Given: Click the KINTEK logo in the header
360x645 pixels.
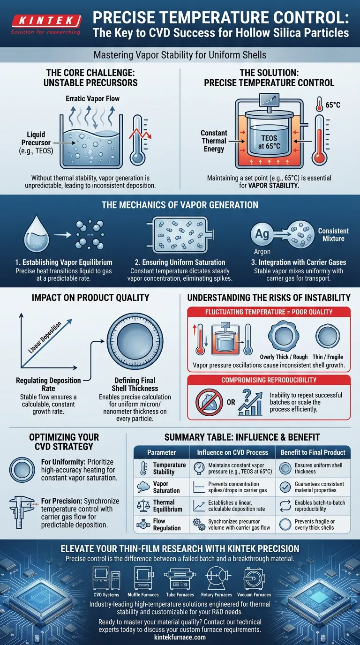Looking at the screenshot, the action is [46, 24].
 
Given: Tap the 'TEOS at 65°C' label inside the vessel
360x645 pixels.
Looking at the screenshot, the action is [269, 142].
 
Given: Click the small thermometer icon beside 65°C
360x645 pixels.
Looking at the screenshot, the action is [319, 104].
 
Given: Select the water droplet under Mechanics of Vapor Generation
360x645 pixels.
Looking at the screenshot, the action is [37, 234].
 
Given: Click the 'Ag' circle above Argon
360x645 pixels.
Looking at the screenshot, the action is [262, 234].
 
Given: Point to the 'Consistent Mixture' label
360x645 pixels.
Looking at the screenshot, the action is [333, 235].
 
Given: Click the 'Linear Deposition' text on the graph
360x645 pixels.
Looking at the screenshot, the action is [45, 337].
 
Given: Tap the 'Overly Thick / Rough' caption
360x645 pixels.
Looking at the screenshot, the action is [284, 357].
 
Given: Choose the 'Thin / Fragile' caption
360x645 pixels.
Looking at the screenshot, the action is [328, 357].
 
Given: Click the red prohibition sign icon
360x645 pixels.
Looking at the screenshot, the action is [209, 402].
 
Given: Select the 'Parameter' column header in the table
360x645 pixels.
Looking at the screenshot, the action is [162, 452].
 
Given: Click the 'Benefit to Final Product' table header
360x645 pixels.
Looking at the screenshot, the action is [313, 452].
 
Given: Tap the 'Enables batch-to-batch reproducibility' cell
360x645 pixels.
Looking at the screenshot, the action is [320, 506].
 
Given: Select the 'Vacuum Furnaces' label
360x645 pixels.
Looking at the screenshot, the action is [254, 594].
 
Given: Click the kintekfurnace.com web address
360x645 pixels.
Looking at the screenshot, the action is [180, 637].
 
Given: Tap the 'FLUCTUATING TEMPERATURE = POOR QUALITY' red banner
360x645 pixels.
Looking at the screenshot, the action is [269, 312].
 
